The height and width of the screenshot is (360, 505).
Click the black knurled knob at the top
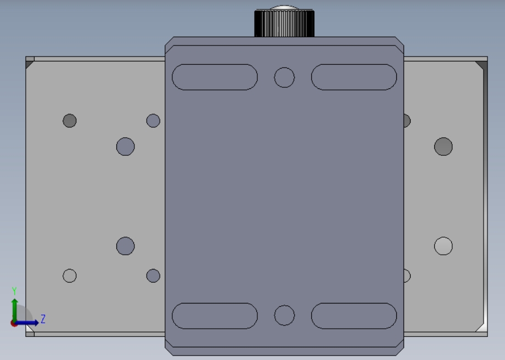[x=284, y=22]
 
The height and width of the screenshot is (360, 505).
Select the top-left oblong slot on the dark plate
[x=215, y=77]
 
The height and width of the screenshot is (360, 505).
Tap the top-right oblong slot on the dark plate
[x=354, y=77]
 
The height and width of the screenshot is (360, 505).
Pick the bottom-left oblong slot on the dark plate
[x=215, y=316]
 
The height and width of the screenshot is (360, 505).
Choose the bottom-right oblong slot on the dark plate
[x=354, y=316]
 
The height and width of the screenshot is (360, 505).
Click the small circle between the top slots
[x=284, y=77]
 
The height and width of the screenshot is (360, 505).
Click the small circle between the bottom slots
[x=284, y=315]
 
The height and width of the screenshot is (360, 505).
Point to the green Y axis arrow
[x=14, y=310]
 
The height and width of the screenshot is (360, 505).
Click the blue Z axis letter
[x=43, y=319]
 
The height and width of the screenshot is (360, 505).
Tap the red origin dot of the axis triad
[x=14, y=323]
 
